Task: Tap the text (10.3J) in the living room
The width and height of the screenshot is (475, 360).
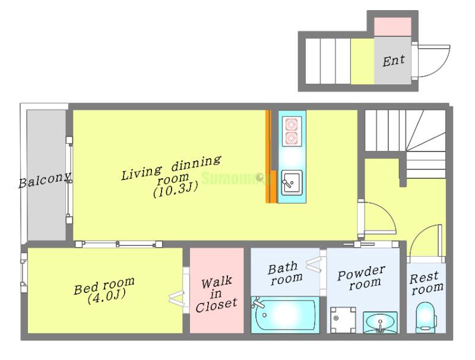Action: click(176, 190)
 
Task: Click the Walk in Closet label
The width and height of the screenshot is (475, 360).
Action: click(216, 294)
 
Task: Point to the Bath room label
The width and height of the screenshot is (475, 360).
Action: click(285, 273)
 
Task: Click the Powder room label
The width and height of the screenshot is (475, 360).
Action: click(362, 277)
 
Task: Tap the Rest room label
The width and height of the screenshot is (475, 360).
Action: click(426, 283)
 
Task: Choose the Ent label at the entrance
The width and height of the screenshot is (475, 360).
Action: click(394, 61)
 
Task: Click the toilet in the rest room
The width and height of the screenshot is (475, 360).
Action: click(426, 317)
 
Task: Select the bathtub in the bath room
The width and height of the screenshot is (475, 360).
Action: click(285, 314)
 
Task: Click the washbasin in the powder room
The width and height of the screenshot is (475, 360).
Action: click(380, 322)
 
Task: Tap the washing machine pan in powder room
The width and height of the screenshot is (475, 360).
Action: click(343, 320)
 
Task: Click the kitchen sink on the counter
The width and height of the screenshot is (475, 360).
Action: click(292, 182)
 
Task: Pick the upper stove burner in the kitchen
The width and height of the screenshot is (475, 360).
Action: click(292, 124)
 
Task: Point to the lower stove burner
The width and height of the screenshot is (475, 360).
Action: click(292, 138)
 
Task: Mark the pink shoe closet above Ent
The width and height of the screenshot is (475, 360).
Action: click(392, 27)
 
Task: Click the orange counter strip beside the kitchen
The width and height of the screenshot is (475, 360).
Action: click(268, 156)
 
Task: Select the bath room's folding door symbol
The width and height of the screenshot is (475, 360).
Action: click(314, 264)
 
